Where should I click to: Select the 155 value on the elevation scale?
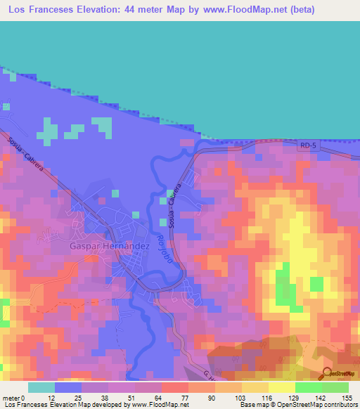347,398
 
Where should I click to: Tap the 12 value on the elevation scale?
50,398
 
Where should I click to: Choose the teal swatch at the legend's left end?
41,387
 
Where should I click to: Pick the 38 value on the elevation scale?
105,398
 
